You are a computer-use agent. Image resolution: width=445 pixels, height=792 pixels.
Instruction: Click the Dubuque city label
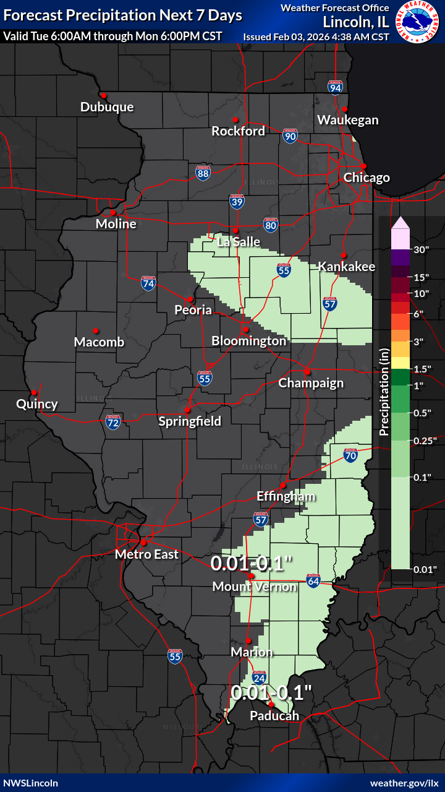[107, 107]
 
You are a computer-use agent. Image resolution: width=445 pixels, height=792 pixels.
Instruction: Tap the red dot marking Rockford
[235, 119]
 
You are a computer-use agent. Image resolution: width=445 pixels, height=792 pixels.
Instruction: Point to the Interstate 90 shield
[290, 136]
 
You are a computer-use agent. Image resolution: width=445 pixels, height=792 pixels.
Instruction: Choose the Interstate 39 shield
[237, 200]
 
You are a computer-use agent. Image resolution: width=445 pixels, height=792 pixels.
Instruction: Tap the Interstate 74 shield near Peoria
[148, 283]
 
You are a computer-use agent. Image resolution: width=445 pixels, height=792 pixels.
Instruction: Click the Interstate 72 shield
[112, 422]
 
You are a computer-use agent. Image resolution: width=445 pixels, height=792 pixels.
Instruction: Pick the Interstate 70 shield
[350, 455]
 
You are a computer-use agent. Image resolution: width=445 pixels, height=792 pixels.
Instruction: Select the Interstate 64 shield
[313, 580]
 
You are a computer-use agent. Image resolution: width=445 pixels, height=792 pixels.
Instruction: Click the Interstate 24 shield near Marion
[259, 678]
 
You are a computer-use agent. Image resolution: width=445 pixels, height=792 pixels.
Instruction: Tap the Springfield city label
[190, 421]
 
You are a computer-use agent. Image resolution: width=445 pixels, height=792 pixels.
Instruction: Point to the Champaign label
[311, 383]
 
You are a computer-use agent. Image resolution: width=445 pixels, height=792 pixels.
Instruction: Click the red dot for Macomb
[96, 330]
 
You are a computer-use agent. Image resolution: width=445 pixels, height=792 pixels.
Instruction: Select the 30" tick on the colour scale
[422, 250]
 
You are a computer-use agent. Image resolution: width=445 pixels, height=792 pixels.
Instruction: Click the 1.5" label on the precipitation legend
[422, 369]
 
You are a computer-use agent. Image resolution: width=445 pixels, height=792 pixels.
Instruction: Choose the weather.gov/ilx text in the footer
[405, 783]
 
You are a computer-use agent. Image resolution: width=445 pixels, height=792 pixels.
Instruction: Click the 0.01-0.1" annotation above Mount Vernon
[250, 564]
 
